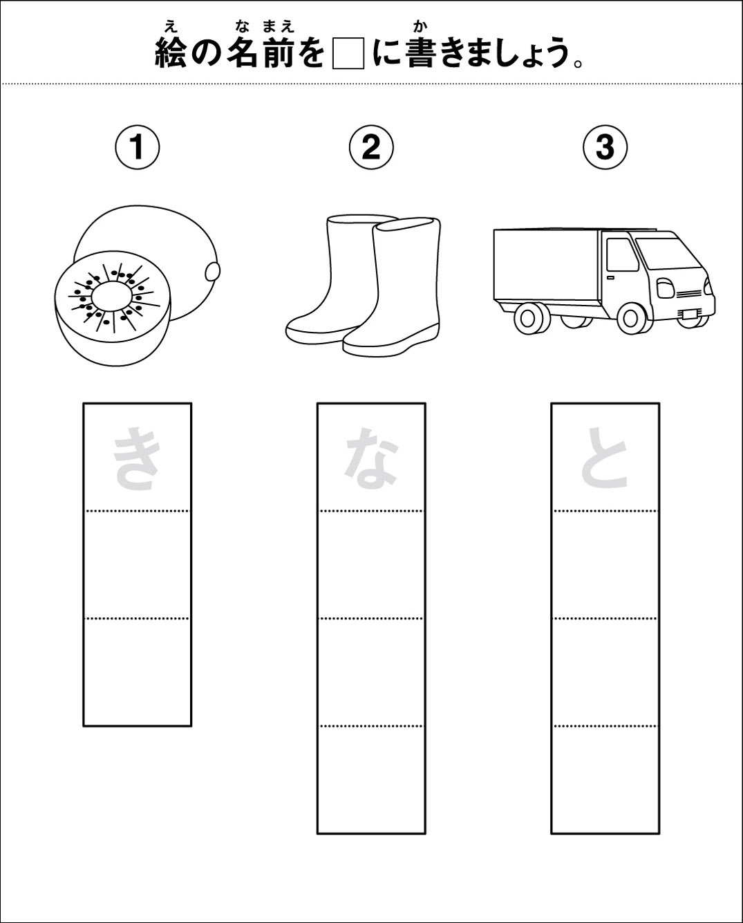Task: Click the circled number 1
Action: point(137,148)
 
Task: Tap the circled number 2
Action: point(371,148)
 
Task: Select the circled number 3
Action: point(605,148)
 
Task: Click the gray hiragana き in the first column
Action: point(136,458)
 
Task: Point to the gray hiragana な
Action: point(371,458)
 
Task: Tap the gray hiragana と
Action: point(605,457)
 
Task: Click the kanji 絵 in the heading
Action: point(171,53)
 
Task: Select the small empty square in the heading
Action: point(348,53)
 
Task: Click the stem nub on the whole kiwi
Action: point(213,271)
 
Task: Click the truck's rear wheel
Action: point(532,319)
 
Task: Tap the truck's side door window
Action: point(623,254)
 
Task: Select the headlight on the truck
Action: point(666,288)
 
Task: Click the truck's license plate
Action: point(688,314)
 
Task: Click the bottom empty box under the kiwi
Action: point(137,672)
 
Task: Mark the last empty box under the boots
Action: point(371,779)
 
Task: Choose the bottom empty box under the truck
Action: point(605,779)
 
